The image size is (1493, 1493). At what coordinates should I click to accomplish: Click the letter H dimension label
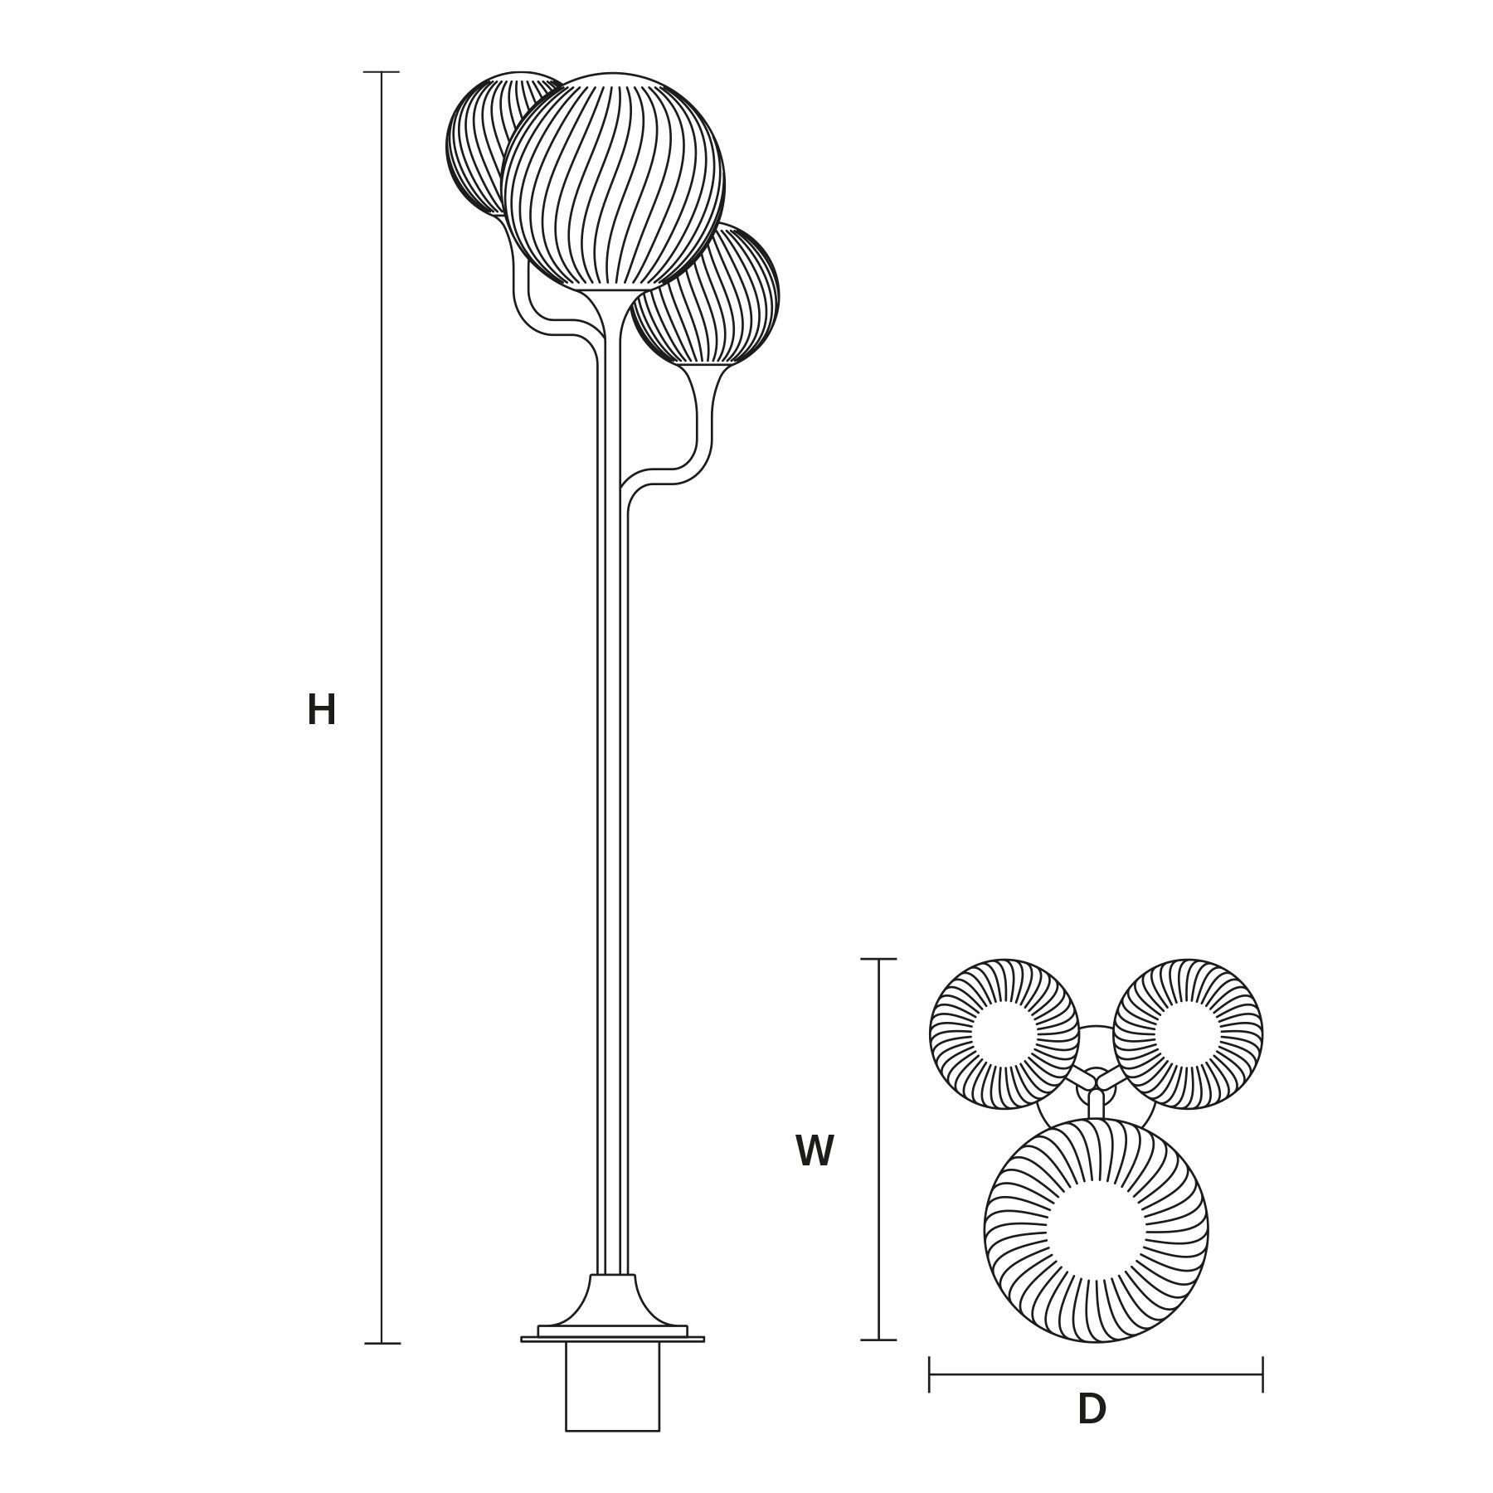tap(321, 711)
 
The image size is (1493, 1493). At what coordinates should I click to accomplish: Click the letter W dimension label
tap(814, 1151)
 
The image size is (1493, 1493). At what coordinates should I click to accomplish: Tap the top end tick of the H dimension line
tap(382, 72)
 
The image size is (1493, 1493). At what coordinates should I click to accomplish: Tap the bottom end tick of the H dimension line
tap(382, 1343)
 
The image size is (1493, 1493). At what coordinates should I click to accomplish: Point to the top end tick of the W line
tap(878, 959)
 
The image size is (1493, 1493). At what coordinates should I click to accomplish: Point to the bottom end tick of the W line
tap(878, 1340)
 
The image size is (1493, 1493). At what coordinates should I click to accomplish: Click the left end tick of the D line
tap(929, 1374)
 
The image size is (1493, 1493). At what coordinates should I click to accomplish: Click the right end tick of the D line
tap(1262, 1374)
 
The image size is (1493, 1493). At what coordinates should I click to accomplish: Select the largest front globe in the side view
tap(612, 181)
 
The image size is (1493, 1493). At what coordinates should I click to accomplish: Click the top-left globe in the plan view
tap(1004, 1033)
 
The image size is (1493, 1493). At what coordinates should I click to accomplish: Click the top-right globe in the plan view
tap(1188, 1033)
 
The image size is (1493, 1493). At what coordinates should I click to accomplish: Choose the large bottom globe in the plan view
tap(1096, 1230)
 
